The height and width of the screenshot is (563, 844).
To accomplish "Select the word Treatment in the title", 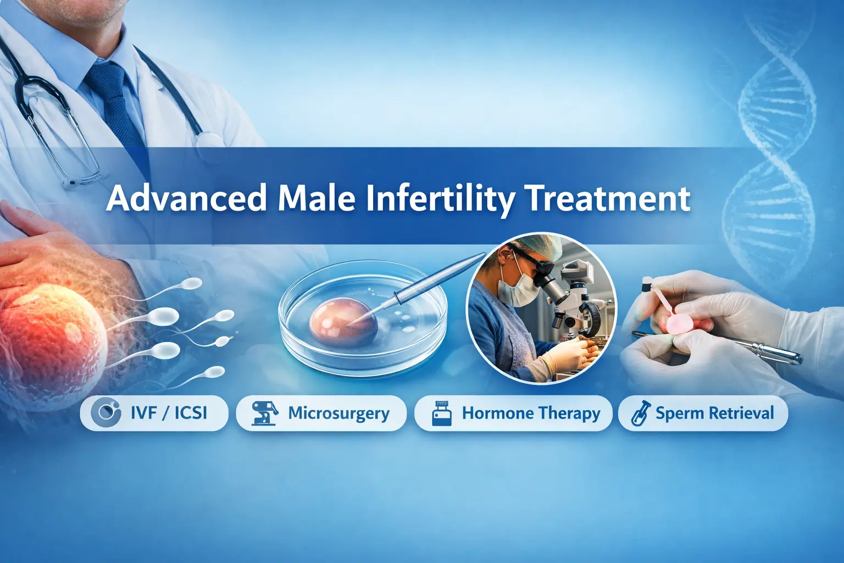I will click(608, 198).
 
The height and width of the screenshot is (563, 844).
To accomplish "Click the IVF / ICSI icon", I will click(105, 413).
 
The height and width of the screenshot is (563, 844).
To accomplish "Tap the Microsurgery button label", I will click(338, 413).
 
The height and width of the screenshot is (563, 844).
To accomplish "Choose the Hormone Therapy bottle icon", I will click(442, 413).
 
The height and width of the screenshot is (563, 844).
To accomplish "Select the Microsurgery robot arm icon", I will click(264, 413).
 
